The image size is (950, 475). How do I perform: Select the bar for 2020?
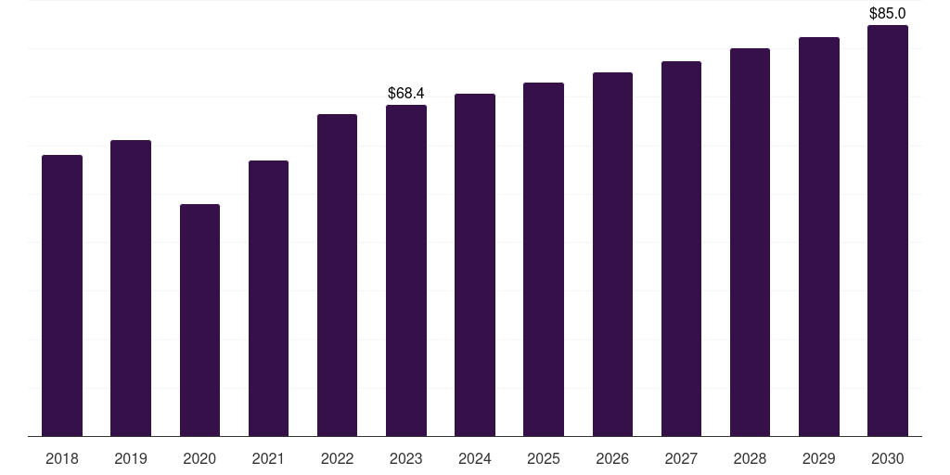199,320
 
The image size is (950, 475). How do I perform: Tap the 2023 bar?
406,270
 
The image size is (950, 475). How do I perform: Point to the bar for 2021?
268,298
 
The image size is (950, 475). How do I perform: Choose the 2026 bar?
612,254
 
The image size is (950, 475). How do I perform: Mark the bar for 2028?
750,242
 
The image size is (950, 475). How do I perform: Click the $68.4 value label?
406,93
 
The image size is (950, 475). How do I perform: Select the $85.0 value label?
888,13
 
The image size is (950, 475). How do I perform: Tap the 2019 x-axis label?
131,458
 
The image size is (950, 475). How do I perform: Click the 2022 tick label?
338,458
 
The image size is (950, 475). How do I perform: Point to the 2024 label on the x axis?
475,458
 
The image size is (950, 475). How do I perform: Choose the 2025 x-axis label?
544,458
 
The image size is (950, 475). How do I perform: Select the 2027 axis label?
681,458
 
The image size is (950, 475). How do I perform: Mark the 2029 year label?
819,458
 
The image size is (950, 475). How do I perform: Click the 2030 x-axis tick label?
888,458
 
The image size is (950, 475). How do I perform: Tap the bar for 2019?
131,288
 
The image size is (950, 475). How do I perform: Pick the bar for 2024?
475,264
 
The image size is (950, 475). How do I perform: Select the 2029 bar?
819,237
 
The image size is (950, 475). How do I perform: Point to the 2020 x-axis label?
199,458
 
